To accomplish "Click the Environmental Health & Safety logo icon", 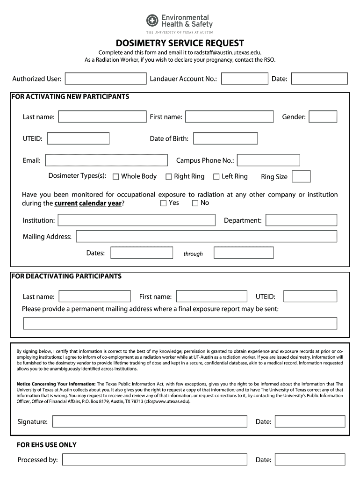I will (x=153, y=21).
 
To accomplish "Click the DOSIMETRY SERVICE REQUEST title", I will (x=180, y=44).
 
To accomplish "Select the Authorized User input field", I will (x=106, y=79).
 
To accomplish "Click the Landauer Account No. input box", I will (x=245, y=79).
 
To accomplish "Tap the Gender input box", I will (x=323, y=117).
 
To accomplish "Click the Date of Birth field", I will (x=225, y=138).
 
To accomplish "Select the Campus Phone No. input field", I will (x=268, y=160).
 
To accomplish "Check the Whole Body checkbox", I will (x=116, y=177).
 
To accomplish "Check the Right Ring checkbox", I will (x=169, y=177).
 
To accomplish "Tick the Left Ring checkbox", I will (x=216, y=177).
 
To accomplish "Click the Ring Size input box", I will (x=301, y=176).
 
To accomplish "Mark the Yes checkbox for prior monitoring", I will (x=164, y=203).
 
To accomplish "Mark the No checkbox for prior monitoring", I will (x=195, y=203).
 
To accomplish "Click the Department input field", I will (x=301, y=220).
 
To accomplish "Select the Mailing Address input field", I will (x=206, y=236).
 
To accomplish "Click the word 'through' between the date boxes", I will (x=193, y=254).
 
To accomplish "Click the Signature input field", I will (x=150, y=421).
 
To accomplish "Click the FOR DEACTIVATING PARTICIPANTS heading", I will (x=66, y=276).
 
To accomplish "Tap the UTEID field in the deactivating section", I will (x=310, y=297).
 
